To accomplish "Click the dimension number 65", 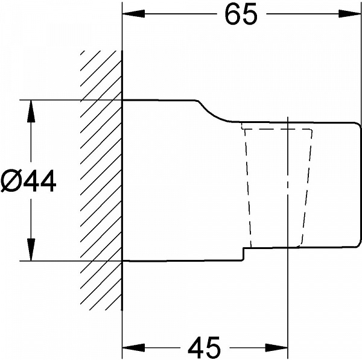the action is click(x=241, y=14).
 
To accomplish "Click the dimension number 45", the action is click(x=205, y=347).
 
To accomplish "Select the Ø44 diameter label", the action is click(x=28, y=181).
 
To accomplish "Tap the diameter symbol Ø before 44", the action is click(x=11, y=181).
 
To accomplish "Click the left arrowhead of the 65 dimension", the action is click(x=133, y=14).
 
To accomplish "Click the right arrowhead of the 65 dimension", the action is click(x=350, y=14).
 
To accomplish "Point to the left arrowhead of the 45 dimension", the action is click(x=133, y=347).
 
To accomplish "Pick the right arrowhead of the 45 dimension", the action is click(x=276, y=347).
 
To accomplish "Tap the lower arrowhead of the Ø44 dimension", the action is click(x=31, y=250).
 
